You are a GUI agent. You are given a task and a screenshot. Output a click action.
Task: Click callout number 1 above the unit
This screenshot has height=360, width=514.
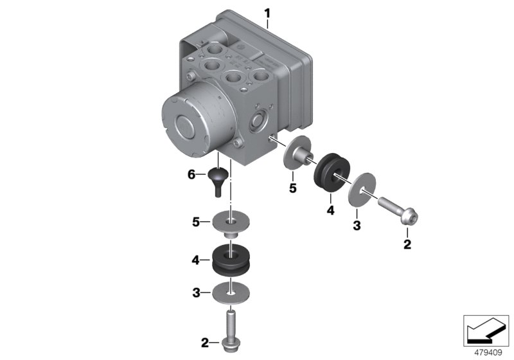coord(268,12)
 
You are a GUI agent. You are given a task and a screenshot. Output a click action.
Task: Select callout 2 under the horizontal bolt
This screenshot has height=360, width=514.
coord(406,244)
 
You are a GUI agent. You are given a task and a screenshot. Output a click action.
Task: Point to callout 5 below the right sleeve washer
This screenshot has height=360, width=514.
coord(292,190)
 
